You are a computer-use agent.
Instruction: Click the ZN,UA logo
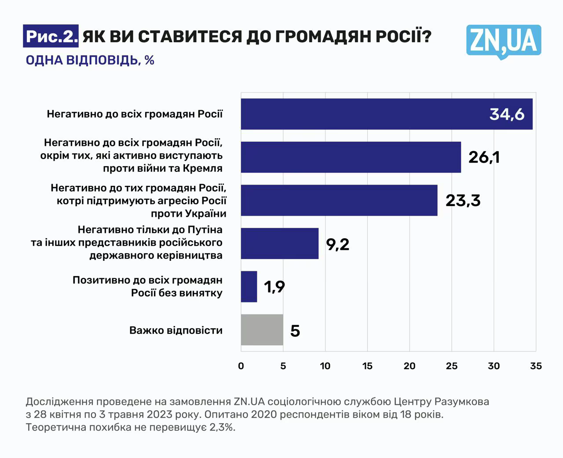click(503, 41)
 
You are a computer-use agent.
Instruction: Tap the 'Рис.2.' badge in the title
click(51, 37)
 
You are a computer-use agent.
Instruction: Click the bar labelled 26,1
click(351, 157)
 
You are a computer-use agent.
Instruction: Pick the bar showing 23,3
click(339, 200)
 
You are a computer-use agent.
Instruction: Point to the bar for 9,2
click(279, 244)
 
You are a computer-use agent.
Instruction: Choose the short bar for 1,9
click(249, 287)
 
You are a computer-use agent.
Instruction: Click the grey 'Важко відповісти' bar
click(262, 330)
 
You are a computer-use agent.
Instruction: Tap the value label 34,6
click(507, 114)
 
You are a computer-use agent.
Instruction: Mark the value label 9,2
click(338, 244)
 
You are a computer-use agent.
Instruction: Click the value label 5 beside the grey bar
click(295, 331)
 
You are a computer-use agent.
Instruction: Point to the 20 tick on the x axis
click(409, 366)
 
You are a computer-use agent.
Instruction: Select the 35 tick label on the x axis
click(536, 366)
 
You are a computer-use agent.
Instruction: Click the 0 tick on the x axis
click(241, 366)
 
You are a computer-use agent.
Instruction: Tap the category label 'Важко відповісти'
click(176, 330)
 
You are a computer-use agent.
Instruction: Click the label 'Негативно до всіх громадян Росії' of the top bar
click(135, 114)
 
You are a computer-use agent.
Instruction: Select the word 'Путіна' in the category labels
click(205, 230)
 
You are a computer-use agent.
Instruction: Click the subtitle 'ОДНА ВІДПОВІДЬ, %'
click(90, 60)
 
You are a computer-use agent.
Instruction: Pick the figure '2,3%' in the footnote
click(222, 427)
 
